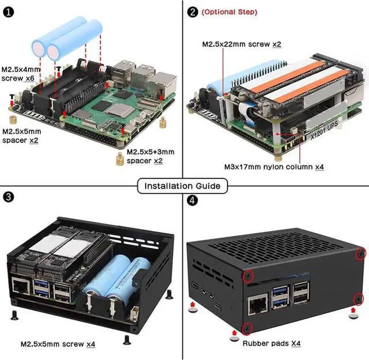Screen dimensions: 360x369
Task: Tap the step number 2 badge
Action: pos(193,11)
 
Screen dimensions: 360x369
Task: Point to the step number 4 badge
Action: pos(193,201)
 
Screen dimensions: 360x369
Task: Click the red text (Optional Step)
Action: pos(229,12)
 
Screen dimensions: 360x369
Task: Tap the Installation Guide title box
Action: pos(183,186)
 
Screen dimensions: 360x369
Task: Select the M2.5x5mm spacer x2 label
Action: pos(21,135)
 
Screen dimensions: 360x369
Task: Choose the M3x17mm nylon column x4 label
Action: pos(274,167)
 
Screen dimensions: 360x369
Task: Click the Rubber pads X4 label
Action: pos(271,344)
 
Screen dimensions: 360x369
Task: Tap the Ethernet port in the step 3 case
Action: pos(22,286)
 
